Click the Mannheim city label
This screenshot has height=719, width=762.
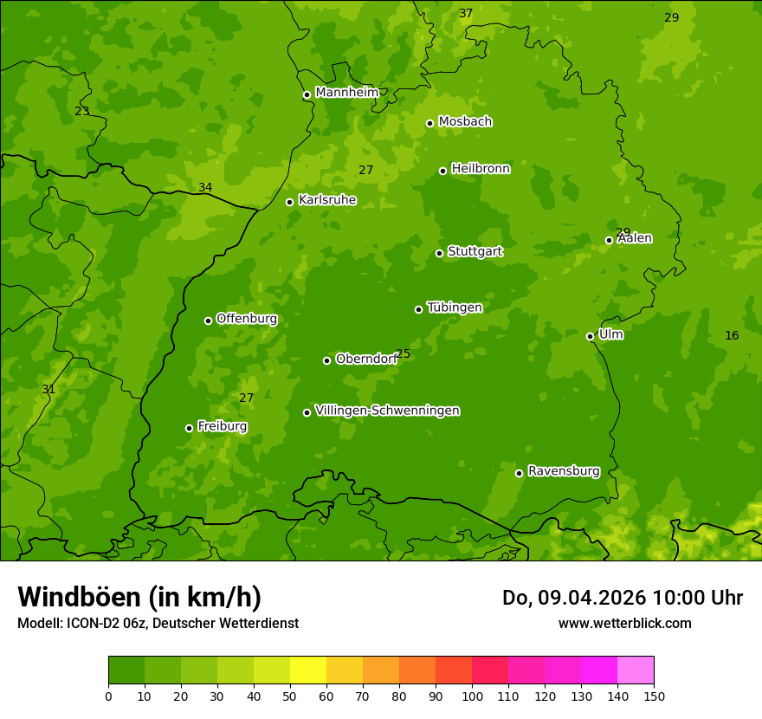coord(346,93)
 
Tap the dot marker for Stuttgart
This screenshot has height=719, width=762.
coord(439,253)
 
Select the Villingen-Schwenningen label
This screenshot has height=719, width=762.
coord(387,411)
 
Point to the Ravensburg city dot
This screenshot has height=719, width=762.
coord(519,473)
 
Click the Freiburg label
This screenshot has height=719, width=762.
coord(222,426)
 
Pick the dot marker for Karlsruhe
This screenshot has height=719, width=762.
coord(289,202)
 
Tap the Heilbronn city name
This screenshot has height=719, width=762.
coord(480,169)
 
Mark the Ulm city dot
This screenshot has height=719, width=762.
coord(590,336)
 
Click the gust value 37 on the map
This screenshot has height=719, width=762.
coord(466,13)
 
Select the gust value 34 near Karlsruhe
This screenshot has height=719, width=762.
coord(205,187)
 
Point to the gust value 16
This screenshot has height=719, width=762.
coord(732,335)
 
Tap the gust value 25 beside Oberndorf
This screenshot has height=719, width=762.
coord(403,353)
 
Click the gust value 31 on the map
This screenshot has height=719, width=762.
coord(48,389)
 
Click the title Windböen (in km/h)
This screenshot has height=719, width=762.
coord(139,597)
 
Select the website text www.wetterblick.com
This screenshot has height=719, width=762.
coord(624,623)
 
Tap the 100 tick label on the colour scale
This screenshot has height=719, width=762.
coord(472,696)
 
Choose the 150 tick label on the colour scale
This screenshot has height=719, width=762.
coord(654,696)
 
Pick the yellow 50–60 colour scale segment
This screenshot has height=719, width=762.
coord(308,670)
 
